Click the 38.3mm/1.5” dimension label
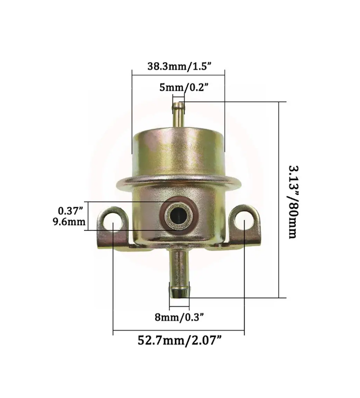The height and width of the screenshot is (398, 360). tap(179, 66)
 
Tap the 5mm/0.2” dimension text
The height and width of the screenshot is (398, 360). tap(184, 88)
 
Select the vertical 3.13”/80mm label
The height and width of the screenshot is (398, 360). tap(294, 202)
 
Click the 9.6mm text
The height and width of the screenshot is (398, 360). tap(69, 222)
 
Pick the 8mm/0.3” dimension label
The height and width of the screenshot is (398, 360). tap(179, 317)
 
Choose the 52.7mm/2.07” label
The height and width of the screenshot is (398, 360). tap(180, 340)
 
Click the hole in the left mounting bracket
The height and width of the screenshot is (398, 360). tap(113, 221)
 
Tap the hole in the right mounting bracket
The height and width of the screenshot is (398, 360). tap(244, 221)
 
